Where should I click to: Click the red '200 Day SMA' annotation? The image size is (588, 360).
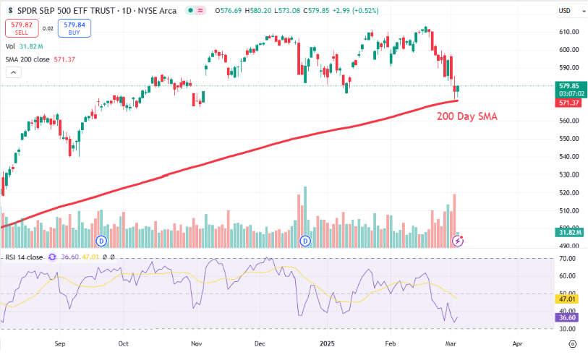[466, 116]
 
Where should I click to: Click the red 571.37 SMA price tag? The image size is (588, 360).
[567, 103]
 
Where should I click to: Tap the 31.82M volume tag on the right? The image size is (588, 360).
[567, 232]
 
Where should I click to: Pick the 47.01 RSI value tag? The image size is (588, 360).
[567, 298]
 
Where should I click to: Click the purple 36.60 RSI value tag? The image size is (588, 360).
[567, 317]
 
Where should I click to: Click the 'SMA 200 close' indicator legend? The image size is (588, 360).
[36, 59]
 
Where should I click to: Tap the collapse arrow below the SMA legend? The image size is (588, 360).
[13, 72]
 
